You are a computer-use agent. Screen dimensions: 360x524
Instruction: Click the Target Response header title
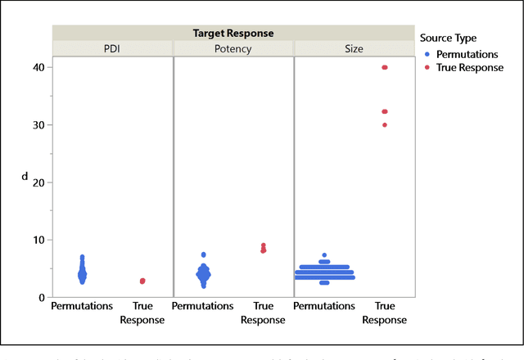click(233, 34)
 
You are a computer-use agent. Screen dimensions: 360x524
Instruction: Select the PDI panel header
click(113, 49)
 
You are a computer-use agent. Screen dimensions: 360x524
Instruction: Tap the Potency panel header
click(233, 49)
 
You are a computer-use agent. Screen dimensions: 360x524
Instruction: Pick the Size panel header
click(354, 49)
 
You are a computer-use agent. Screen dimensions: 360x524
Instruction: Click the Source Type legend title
click(447, 38)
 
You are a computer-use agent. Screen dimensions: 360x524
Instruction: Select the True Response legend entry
click(469, 68)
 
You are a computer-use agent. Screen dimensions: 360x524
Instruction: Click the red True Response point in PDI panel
click(142, 281)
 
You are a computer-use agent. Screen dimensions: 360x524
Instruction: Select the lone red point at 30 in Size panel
click(384, 125)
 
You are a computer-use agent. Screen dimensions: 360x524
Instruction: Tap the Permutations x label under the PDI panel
click(83, 307)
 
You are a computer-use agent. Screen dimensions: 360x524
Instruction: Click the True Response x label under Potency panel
click(263, 313)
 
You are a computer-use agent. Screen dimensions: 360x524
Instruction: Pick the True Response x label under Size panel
click(384, 313)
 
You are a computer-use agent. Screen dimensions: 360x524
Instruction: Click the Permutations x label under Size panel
click(324, 307)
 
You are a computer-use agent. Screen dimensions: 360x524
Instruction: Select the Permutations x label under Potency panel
click(204, 307)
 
